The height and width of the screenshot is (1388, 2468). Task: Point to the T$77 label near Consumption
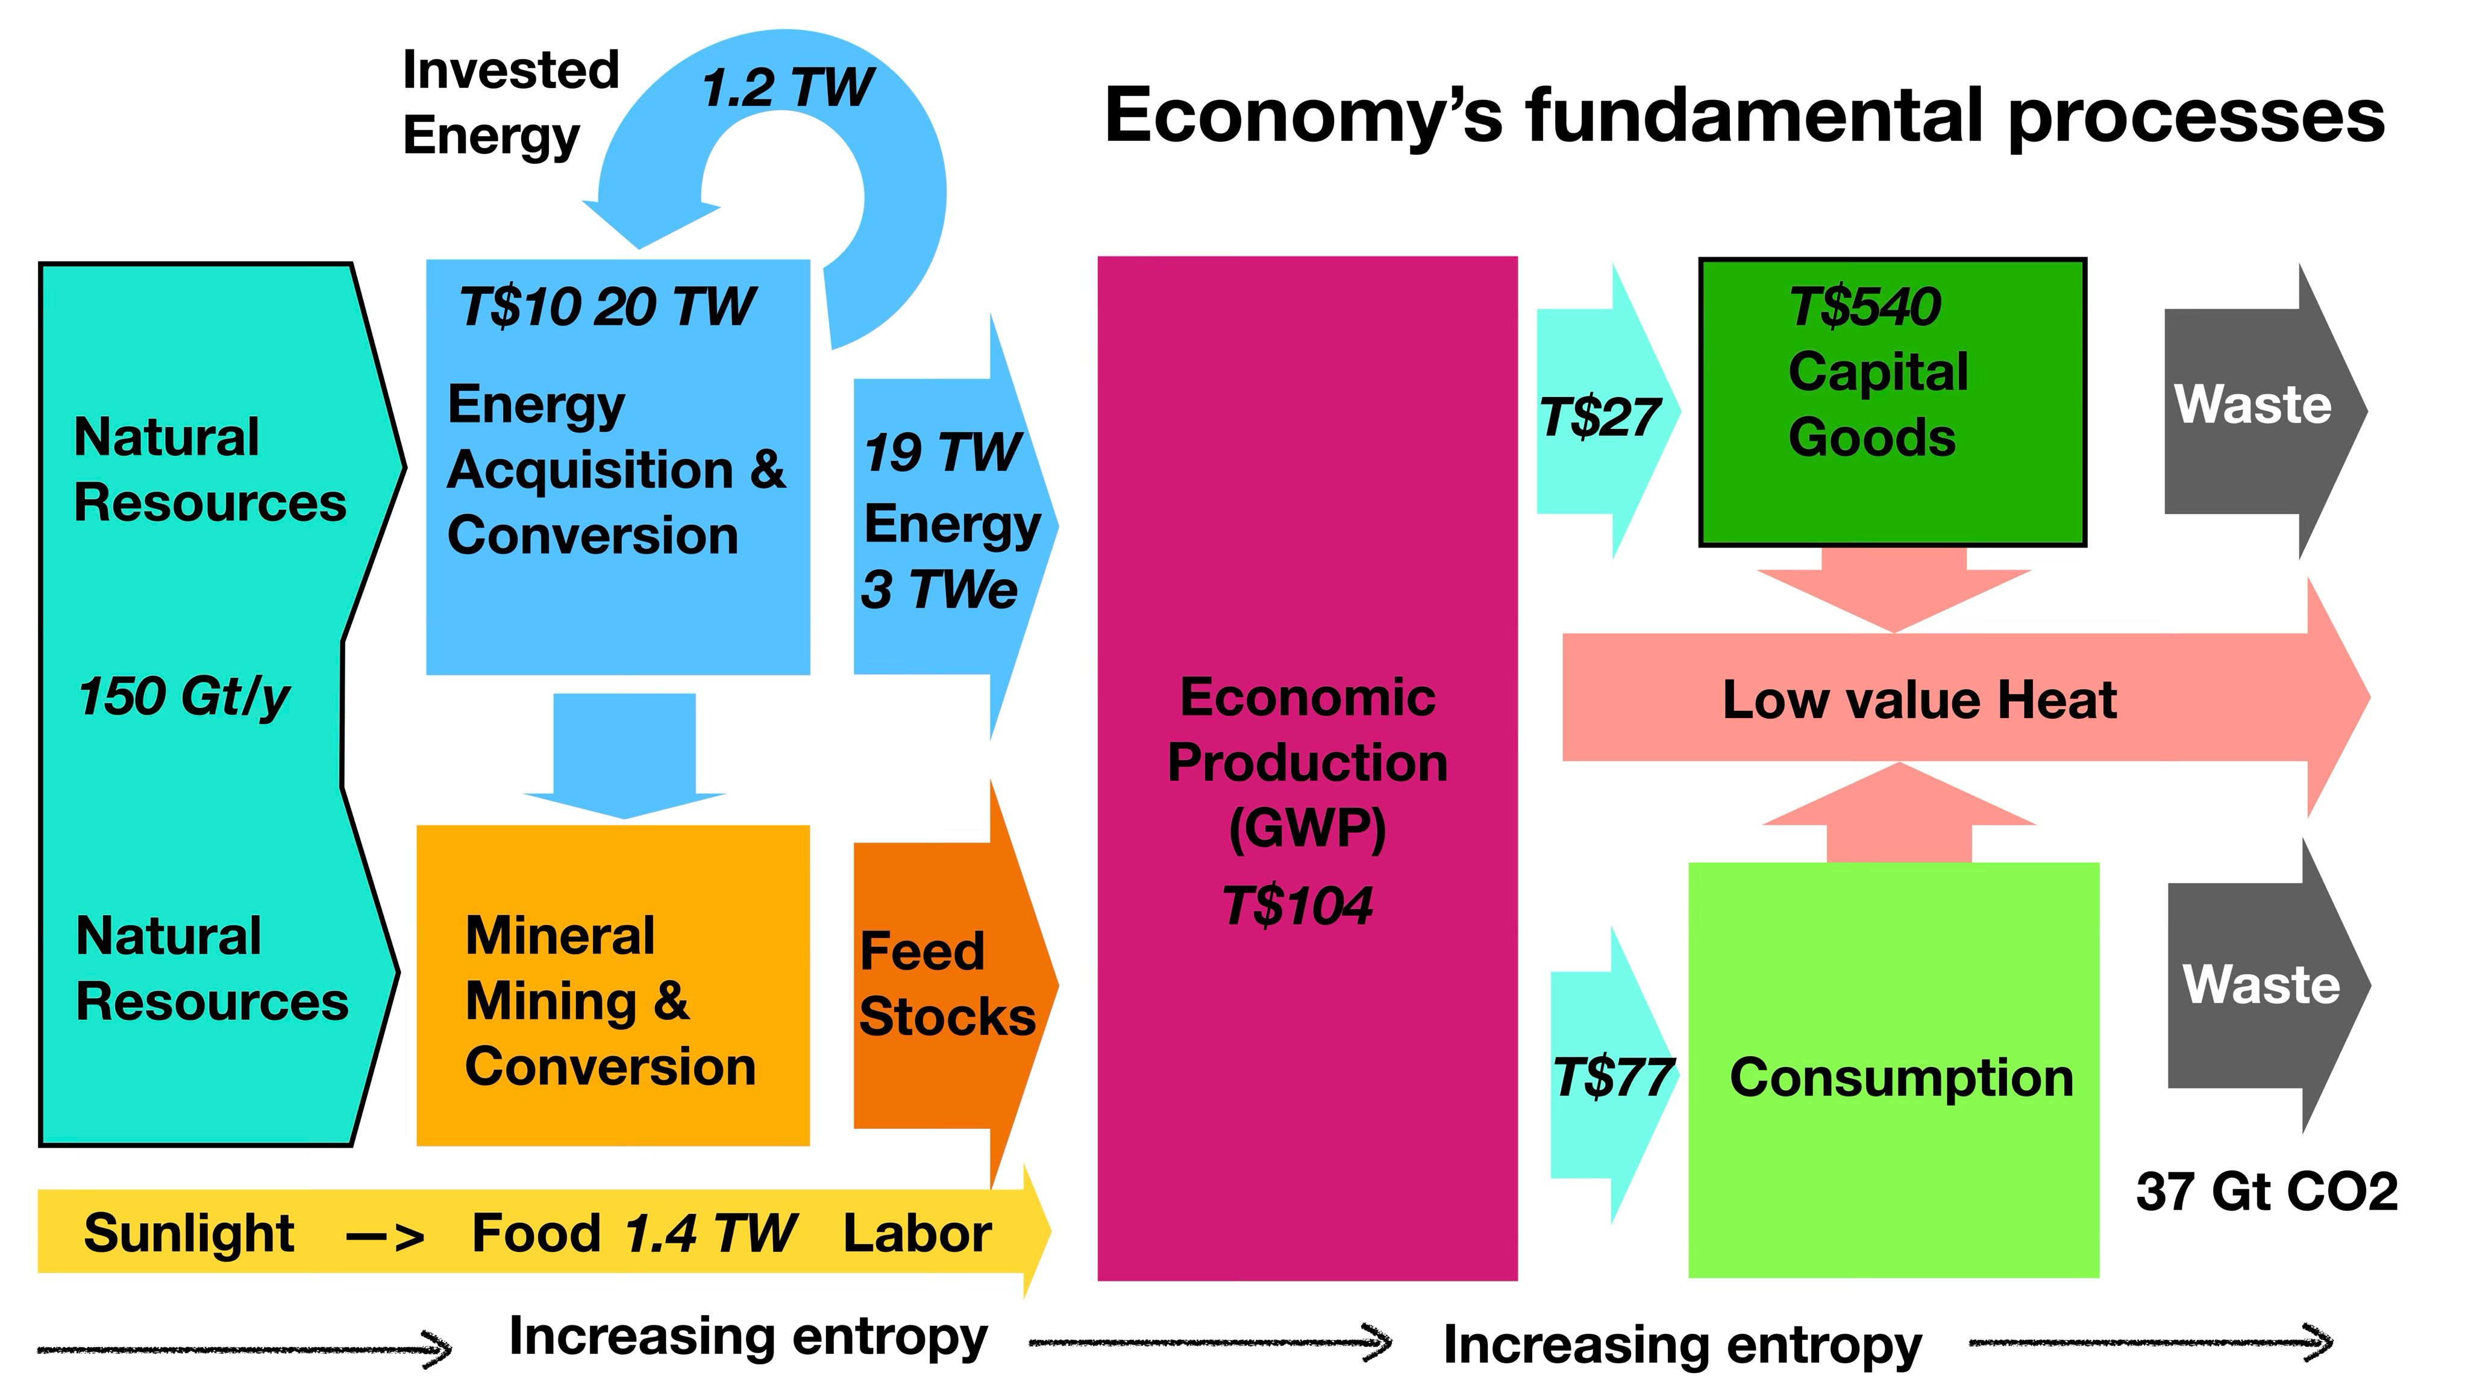(1614, 1078)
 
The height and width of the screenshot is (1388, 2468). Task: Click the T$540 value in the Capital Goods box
(1864, 307)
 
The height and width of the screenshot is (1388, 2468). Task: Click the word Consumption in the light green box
(1901, 1078)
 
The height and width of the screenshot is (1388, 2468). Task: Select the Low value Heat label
(1919, 699)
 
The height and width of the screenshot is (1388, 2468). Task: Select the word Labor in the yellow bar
(917, 1233)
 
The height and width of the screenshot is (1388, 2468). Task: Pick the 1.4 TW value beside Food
(710, 1233)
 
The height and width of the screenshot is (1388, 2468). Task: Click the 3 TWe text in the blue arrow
(939, 589)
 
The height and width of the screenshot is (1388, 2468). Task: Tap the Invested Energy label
(510, 102)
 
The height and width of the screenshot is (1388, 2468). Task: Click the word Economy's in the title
(1303, 116)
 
